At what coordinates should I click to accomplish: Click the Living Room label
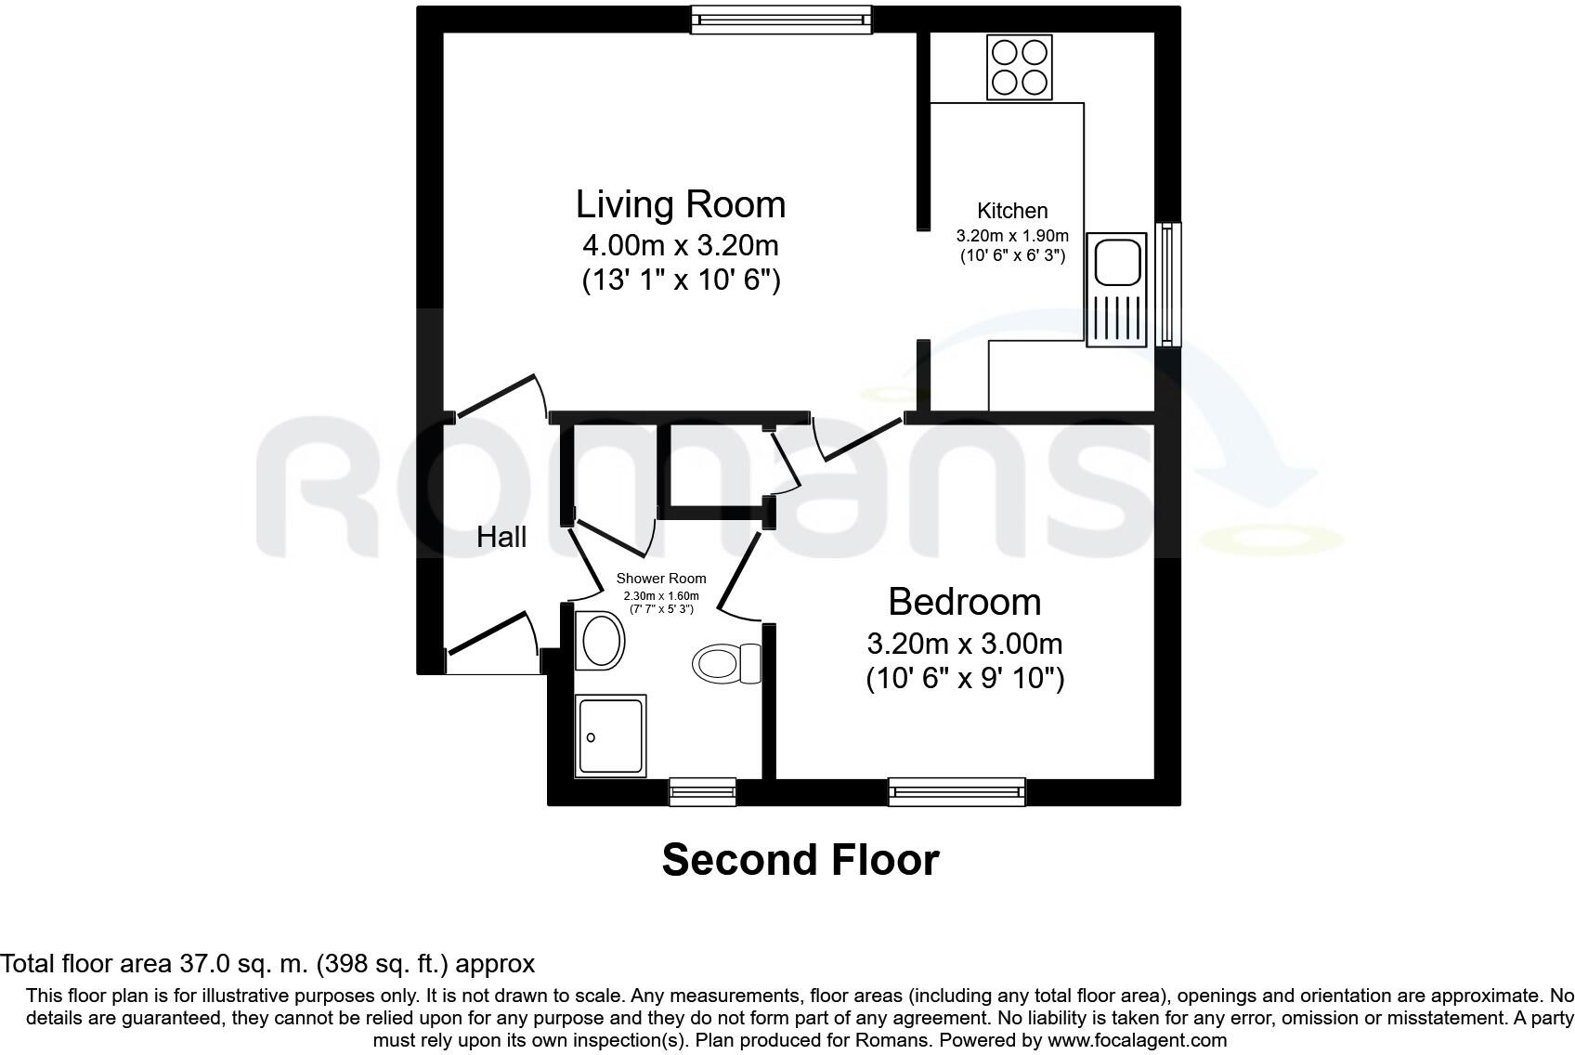tap(681, 204)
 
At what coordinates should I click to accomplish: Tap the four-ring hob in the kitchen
tap(1019, 67)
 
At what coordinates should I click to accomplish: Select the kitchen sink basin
tap(1118, 261)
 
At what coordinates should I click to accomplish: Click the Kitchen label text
tap(1012, 211)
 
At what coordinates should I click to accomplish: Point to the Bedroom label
tap(964, 602)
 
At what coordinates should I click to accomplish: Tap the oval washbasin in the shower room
tap(600, 640)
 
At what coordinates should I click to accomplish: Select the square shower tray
tap(610, 736)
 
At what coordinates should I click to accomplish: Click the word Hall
tap(501, 537)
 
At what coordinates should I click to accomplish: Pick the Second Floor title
tap(800, 860)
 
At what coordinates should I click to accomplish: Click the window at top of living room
tap(781, 20)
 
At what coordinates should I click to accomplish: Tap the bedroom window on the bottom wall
tap(957, 791)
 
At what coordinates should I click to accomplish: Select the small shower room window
tap(703, 791)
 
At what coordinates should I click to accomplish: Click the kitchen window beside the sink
tap(1167, 284)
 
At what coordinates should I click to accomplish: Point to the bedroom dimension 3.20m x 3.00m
tap(964, 644)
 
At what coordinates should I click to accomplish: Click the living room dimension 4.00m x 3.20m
tap(681, 246)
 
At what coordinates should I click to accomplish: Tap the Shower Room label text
tap(661, 579)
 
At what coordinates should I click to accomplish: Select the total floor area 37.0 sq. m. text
tap(267, 963)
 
